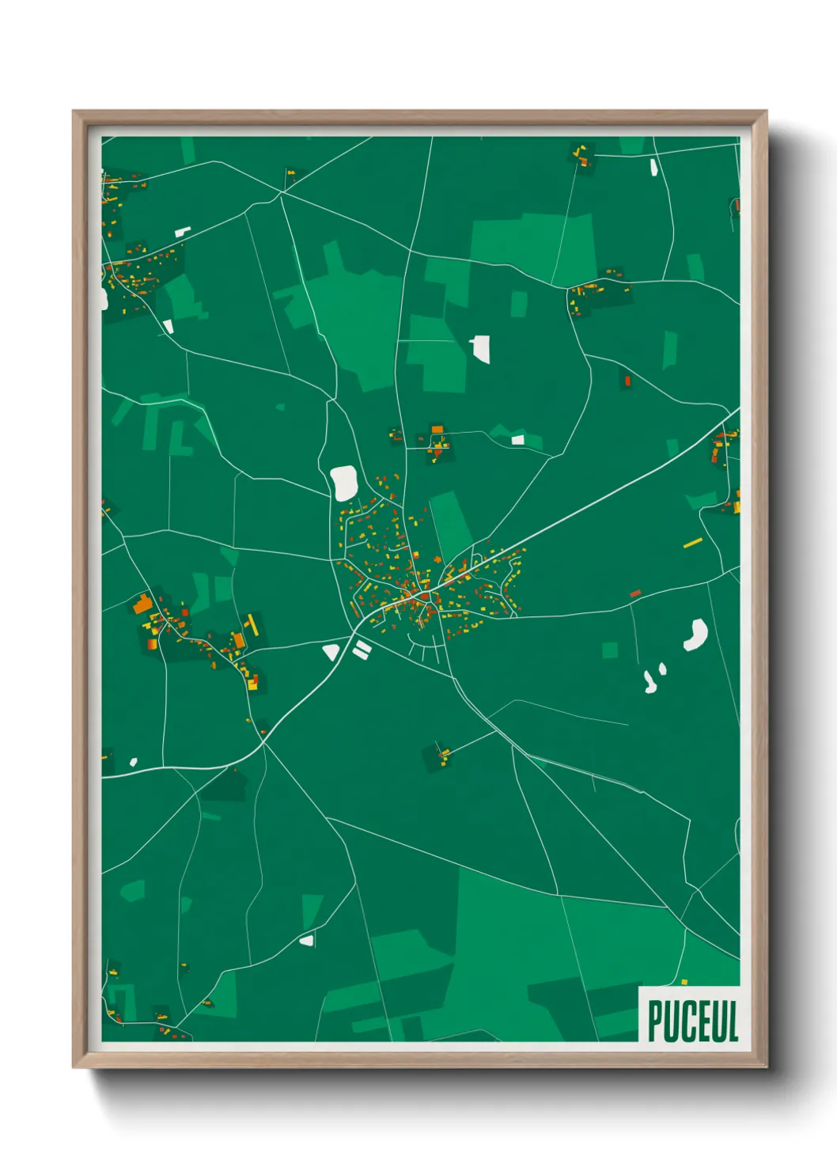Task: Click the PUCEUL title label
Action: [x=692, y=1021]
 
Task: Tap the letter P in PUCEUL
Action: [x=656, y=1021]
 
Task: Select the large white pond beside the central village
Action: [x=344, y=483]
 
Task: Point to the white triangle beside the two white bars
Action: [x=331, y=652]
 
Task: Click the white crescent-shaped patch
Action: [x=696, y=635]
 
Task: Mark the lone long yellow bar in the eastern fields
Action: [x=693, y=543]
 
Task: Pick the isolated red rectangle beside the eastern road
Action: [x=635, y=593]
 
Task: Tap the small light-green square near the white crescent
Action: [x=609, y=650]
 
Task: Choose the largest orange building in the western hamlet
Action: [x=143, y=604]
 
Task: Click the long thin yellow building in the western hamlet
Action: [x=252, y=624]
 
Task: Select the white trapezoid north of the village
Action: [x=480, y=348]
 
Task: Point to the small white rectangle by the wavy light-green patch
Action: [x=517, y=440]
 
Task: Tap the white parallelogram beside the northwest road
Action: [x=183, y=232]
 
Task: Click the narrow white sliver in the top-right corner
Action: [x=653, y=166]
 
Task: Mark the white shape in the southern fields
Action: [x=306, y=941]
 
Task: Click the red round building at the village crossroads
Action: [x=425, y=597]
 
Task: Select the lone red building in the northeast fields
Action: [x=627, y=381]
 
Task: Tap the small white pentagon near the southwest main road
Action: [x=133, y=762]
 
